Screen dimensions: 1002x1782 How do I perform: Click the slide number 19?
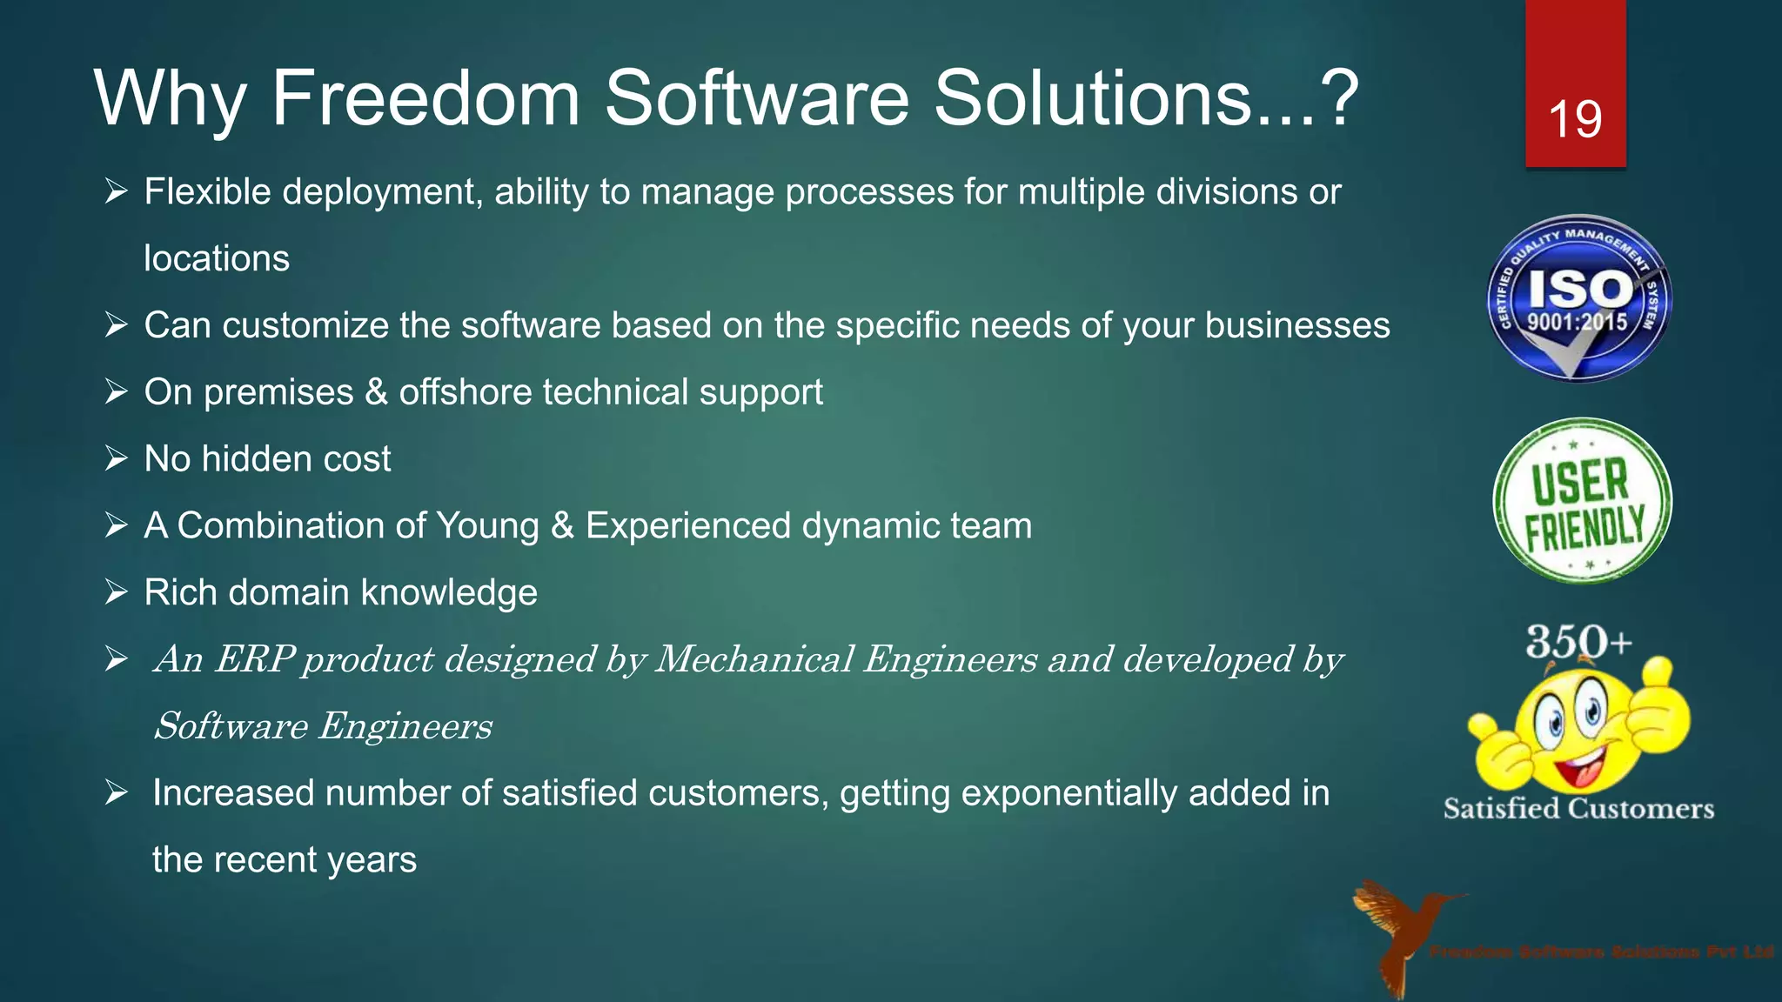tap(1575, 119)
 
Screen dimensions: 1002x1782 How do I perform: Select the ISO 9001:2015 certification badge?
tap(1578, 298)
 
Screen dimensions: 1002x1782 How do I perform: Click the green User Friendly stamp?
tap(1583, 502)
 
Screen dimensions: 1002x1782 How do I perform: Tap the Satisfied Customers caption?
tap(1578, 809)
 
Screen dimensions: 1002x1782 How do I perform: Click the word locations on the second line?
tap(217, 259)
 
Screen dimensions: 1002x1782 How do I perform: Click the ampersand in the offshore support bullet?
tap(376, 392)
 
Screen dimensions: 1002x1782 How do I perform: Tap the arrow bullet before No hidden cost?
tap(117, 458)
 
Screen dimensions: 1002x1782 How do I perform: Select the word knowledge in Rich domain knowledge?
tap(449, 593)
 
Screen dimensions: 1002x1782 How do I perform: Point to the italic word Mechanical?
tap(754, 659)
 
